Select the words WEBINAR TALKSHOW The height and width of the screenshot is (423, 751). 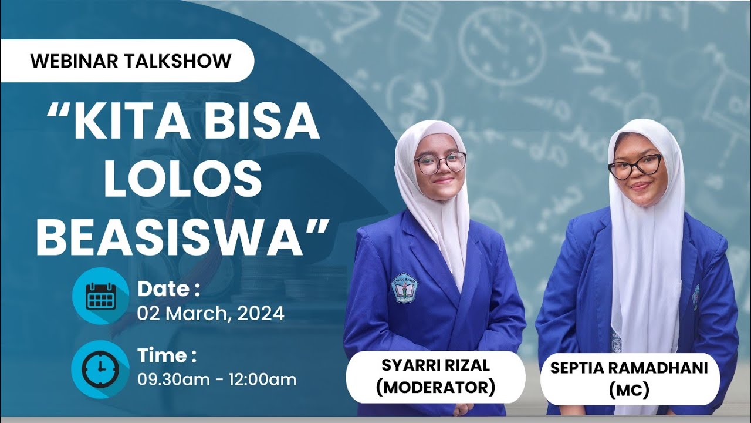click(131, 61)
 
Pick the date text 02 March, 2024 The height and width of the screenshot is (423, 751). click(211, 314)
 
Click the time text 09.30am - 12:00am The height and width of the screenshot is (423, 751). click(217, 380)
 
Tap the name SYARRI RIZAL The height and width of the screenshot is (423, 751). click(435, 365)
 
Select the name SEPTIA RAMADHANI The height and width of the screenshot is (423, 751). click(629, 368)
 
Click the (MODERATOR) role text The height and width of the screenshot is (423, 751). click(435, 387)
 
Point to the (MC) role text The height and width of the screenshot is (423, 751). click(629, 390)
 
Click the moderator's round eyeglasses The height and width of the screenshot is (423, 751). click(440, 162)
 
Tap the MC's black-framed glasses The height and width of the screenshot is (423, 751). click(635, 166)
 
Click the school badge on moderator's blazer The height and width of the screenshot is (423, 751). click(404, 287)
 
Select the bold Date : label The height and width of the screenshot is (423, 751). click(169, 289)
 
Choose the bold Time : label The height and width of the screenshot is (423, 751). click(167, 355)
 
